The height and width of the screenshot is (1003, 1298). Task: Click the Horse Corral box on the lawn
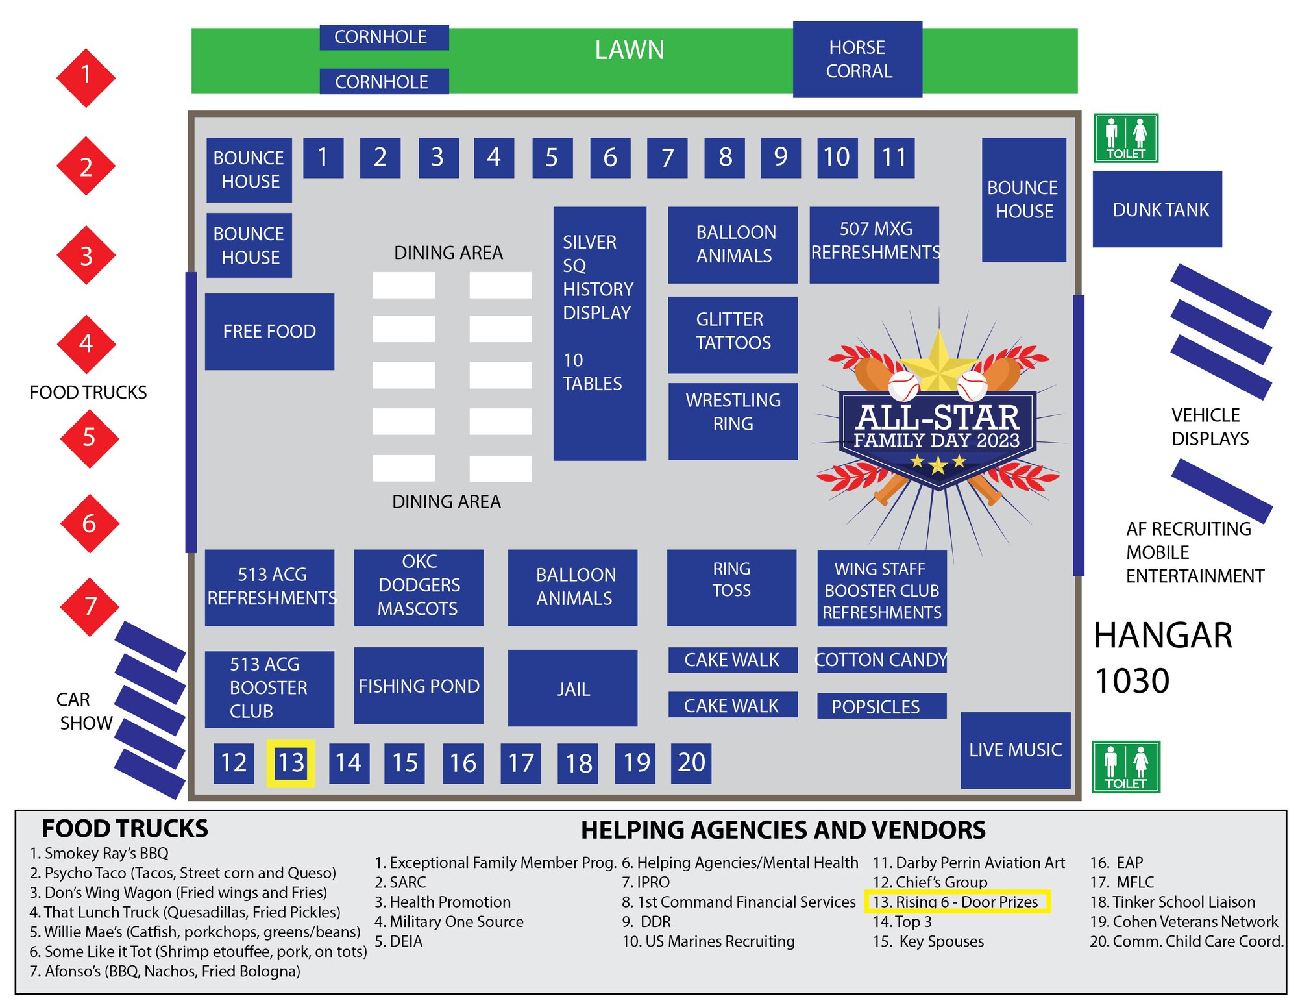coord(857,59)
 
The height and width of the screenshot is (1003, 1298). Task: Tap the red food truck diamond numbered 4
coord(86,344)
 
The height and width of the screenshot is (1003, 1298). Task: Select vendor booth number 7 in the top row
coord(667,158)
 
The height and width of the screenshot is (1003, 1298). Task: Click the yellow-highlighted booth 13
coord(291,763)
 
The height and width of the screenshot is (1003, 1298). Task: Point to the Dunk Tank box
coord(1157,209)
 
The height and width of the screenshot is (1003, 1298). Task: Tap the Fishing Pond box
coord(419,686)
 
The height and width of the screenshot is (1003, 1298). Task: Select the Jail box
coord(572,688)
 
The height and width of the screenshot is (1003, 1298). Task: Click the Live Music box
coord(1015,750)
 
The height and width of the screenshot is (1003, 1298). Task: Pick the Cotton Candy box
coord(881,660)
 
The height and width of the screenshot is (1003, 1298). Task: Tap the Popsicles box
coord(881,706)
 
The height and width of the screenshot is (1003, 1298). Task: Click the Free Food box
coord(269,331)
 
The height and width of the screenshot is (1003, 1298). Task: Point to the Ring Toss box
coord(731,588)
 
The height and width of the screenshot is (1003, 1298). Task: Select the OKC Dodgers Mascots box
coord(419,588)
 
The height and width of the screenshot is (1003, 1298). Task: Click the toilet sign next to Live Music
coord(1125,767)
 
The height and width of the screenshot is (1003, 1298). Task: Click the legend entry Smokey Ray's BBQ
coord(99,853)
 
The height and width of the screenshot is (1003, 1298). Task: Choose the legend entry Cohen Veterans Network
coord(1184,922)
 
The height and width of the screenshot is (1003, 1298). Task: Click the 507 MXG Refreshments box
coord(874,245)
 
